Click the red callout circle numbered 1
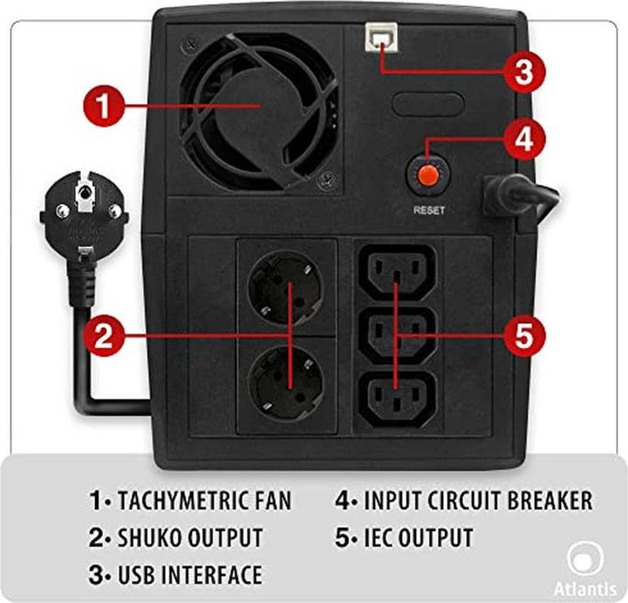tap(104, 106)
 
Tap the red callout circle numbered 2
tap(104, 336)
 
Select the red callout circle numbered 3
tap(524, 72)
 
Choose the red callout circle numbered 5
tap(524, 336)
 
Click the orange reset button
tap(428, 175)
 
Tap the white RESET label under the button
tap(429, 210)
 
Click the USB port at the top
tap(381, 37)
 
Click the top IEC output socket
tap(397, 272)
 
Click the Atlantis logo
tap(585, 569)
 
